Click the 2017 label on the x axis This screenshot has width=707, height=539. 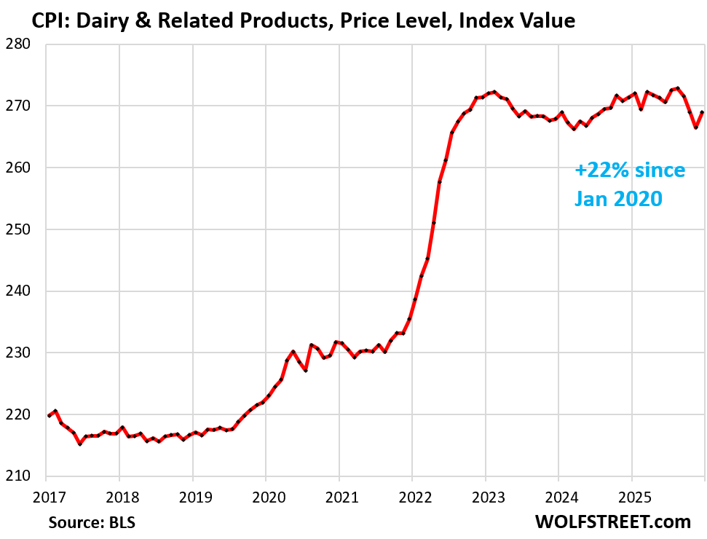pyautogui.click(x=46, y=497)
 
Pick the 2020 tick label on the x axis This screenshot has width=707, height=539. pyautogui.click(x=265, y=497)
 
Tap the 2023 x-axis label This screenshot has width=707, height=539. pyautogui.click(x=485, y=497)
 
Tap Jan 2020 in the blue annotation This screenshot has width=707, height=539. pyautogui.click(x=619, y=197)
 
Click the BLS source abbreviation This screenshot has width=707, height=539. pyautogui.click(x=121, y=522)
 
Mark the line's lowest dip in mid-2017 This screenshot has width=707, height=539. pyautogui.click(x=80, y=444)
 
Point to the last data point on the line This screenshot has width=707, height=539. pyautogui.click(x=702, y=112)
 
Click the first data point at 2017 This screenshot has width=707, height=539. pyautogui.click(x=49, y=415)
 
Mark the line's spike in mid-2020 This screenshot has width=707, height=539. pyautogui.click(x=293, y=352)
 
